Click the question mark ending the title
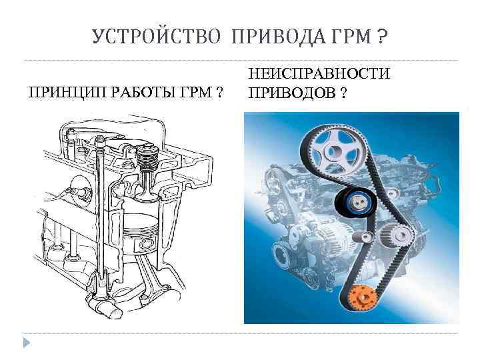[381, 36]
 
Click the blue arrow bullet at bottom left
[26, 343]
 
